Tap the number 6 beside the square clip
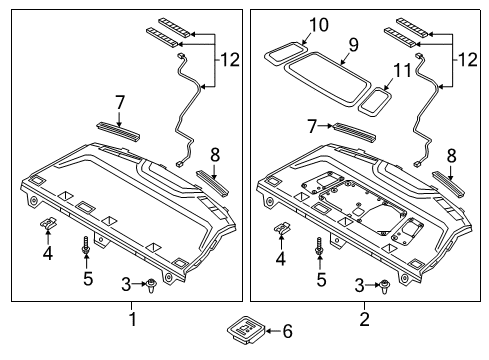click(288, 330)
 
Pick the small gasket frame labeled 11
click(377, 101)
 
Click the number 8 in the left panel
click(212, 153)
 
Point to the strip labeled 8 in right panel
click(450, 181)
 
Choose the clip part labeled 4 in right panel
click(283, 229)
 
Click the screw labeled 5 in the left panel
click(87, 244)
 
